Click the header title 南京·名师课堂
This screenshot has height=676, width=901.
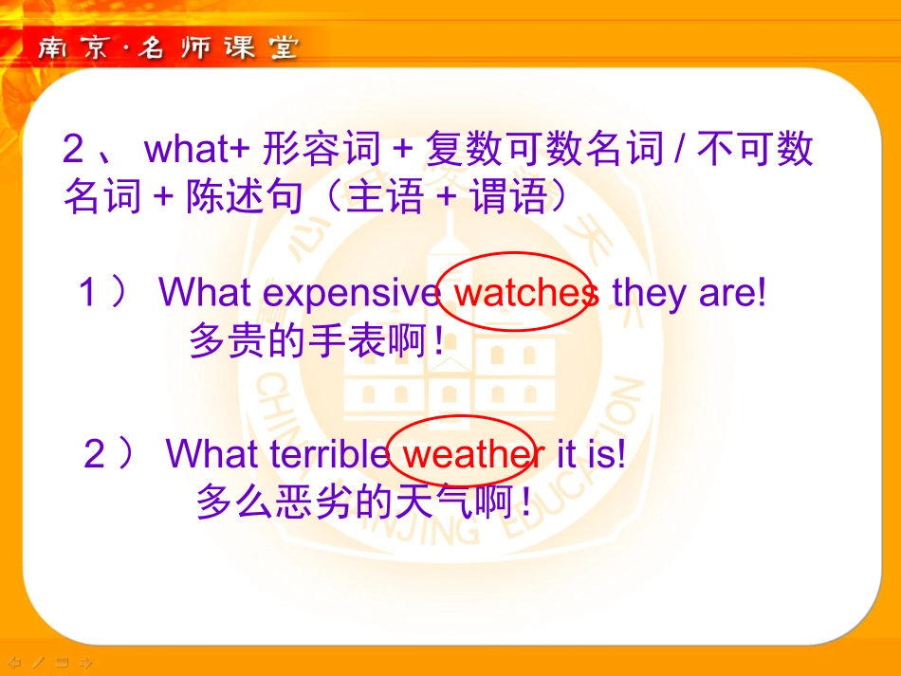click(168, 48)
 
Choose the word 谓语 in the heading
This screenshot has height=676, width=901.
click(509, 196)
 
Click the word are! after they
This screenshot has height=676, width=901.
click(731, 293)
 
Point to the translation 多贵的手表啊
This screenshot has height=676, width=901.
click(316, 340)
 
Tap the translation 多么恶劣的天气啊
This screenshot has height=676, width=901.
click(363, 502)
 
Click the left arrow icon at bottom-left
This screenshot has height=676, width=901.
click(14, 662)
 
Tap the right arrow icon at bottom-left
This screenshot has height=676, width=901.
click(86, 662)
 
